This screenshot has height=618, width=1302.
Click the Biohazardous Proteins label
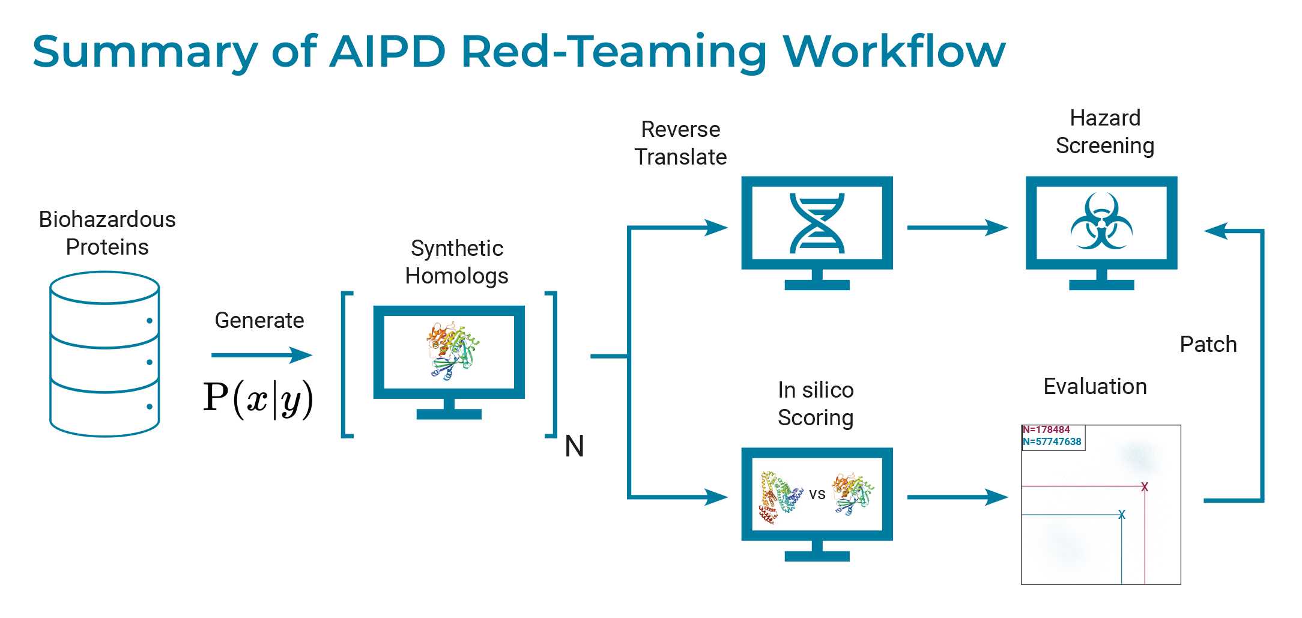pyautogui.click(x=107, y=233)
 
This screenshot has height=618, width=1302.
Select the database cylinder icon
pyautogui.click(x=104, y=354)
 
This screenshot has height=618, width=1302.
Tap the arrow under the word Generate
pyautogui.click(x=262, y=355)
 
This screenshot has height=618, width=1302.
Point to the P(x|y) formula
pyautogui.click(x=258, y=399)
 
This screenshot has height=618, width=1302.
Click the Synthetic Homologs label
pyautogui.click(x=456, y=262)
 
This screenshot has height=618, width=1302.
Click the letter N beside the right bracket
pyautogui.click(x=574, y=447)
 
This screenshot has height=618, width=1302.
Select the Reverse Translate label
pyautogui.click(x=680, y=143)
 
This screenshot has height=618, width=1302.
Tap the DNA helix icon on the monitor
pyautogui.click(x=817, y=223)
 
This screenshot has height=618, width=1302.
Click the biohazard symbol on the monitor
pyautogui.click(x=1101, y=222)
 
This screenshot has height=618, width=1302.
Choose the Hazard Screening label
pyautogui.click(x=1105, y=132)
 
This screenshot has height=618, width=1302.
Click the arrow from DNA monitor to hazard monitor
pyautogui.click(x=957, y=228)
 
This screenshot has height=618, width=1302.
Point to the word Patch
pyautogui.click(x=1208, y=345)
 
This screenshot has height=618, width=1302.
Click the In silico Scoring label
pyautogui.click(x=816, y=404)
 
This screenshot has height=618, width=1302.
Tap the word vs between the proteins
pyautogui.click(x=817, y=494)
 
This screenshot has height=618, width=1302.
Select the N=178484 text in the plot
pyautogui.click(x=1046, y=430)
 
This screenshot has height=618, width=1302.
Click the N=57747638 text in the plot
pyautogui.click(x=1052, y=442)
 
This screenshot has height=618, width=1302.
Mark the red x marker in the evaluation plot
pyautogui.click(x=1145, y=486)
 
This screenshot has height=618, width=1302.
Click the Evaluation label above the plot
pyautogui.click(x=1095, y=386)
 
